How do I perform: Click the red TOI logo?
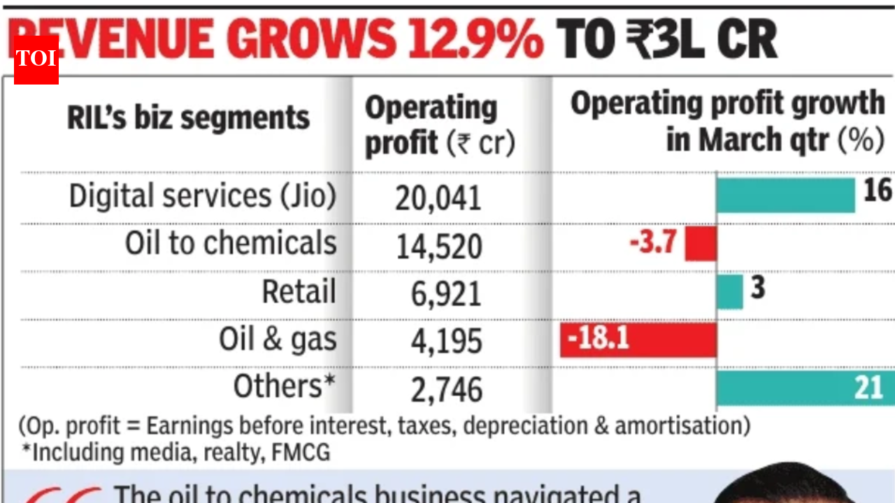point(36,59)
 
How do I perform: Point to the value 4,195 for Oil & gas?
point(446,342)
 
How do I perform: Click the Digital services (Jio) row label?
point(203,196)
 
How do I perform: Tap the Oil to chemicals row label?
point(231,244)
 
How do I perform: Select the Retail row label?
point(299,291)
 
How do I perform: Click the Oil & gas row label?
point(278,340)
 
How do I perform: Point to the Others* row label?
point(284,386)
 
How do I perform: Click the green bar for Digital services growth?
point(785,196)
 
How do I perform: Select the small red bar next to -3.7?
point(701,244)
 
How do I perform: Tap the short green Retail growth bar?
point(729,292)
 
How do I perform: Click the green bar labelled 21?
point(804,388)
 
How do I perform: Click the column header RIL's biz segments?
point(188,117)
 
